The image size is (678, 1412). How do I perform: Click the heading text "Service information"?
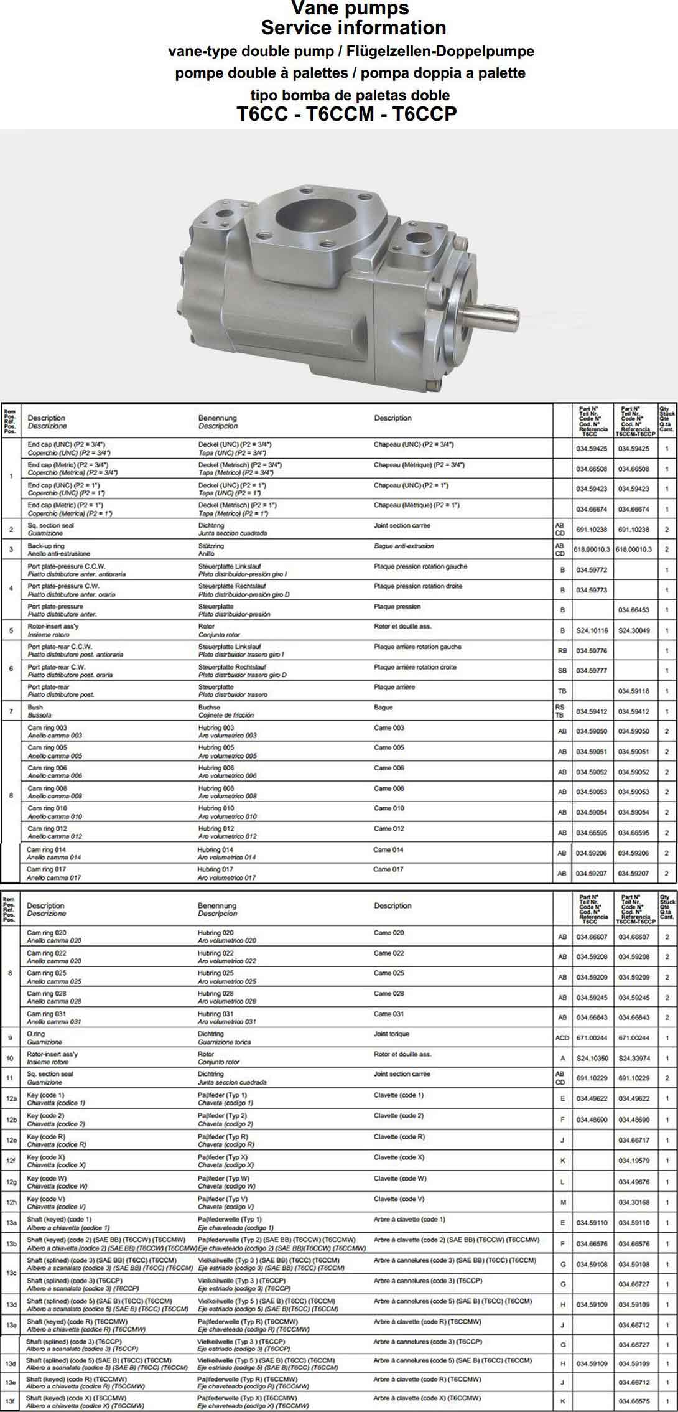point(353,28)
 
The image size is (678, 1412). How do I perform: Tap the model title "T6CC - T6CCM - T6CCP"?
point(346,115)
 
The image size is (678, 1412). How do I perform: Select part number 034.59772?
point(592,570)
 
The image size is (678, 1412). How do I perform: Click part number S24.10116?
point(592,630)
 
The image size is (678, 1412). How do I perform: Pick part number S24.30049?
point(633,630)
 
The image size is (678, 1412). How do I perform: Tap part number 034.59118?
point(633,691)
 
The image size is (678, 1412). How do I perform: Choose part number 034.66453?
point(633,610)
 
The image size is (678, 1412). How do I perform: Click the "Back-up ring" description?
point(46,546)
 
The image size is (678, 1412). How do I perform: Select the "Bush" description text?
point(35,708)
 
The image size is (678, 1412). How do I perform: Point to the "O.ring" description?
point(36,1034)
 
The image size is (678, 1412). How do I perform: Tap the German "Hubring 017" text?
point(216,869)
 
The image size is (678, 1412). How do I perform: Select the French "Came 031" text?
point(389,1014)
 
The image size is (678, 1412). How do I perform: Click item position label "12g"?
point(11,1182)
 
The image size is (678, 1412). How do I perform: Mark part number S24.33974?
point(633,1058)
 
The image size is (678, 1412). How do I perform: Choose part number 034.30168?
point(633,1202)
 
